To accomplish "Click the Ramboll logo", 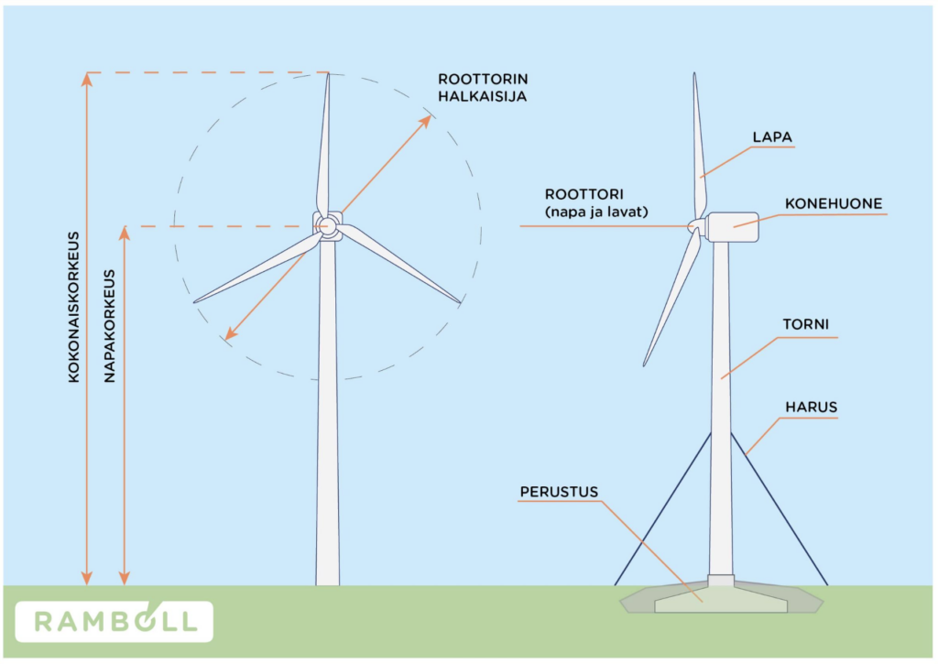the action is [x=114, y=622].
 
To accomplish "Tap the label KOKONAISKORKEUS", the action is [x=73, y=308].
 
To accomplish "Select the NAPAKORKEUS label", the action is [x=110, y=326].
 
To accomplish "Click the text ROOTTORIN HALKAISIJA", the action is [x=483, y=87].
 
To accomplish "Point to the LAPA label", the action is [x=772, y=137].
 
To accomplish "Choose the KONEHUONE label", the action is [x=834, y=203].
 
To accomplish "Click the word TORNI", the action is [x=806, y=324].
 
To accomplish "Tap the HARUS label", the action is [x=812, y=407].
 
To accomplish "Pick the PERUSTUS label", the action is [x=559, y=492].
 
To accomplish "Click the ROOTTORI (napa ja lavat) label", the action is [x=596, y=202].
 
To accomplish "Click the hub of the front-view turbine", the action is [x=327, y=226].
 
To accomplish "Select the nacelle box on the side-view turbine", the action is [x=732, y=227].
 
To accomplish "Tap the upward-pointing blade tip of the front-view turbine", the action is [x=328, y=73].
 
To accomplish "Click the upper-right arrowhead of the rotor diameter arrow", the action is [x=426, y=120].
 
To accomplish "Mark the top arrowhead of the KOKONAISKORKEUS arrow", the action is [x=87, y=79].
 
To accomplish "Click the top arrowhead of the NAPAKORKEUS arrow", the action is [x=125, y=233].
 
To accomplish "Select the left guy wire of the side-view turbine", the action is [x=663, y=508].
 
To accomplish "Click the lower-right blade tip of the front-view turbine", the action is [x=459, y=302].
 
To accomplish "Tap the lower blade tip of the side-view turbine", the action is [x=645, y=364].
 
